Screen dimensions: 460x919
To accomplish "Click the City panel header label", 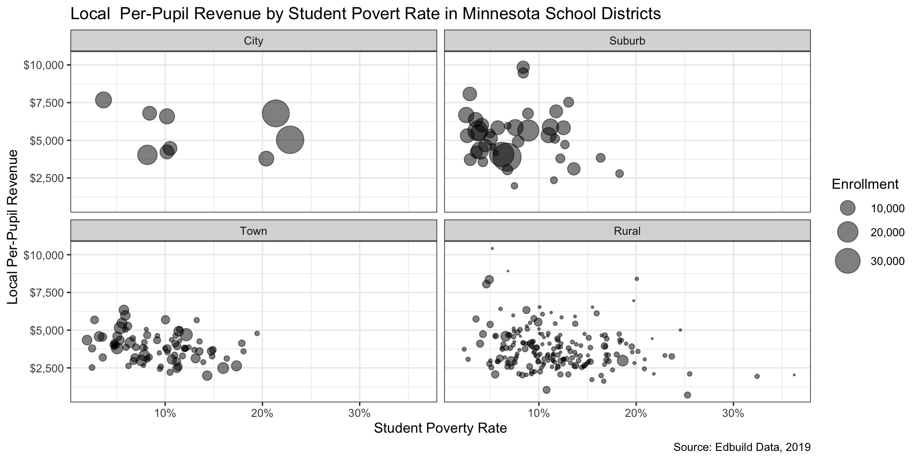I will (253, 41).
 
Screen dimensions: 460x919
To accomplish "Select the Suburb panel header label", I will (627, 41).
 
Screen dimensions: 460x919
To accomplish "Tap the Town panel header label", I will (253, 231).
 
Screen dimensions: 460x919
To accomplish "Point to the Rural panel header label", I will (627, 231).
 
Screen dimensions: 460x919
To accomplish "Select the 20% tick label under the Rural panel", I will (636, 413).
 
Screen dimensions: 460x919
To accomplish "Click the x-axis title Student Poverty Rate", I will (440, 428).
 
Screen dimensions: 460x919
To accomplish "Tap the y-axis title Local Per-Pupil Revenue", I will (13, 226).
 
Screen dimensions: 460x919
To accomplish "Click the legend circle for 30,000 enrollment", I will (848, 261).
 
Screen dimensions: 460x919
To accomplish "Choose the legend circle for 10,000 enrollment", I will (848, 208).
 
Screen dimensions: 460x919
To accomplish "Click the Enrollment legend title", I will (865, 184).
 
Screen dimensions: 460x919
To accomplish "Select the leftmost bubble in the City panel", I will (103, 100).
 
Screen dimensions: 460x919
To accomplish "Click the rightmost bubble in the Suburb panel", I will (619, 173).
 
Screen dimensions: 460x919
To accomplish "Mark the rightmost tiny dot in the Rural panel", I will (794, 375).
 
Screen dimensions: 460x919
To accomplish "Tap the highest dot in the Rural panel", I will (492, 248).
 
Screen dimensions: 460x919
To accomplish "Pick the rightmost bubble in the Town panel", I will (257, 333).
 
